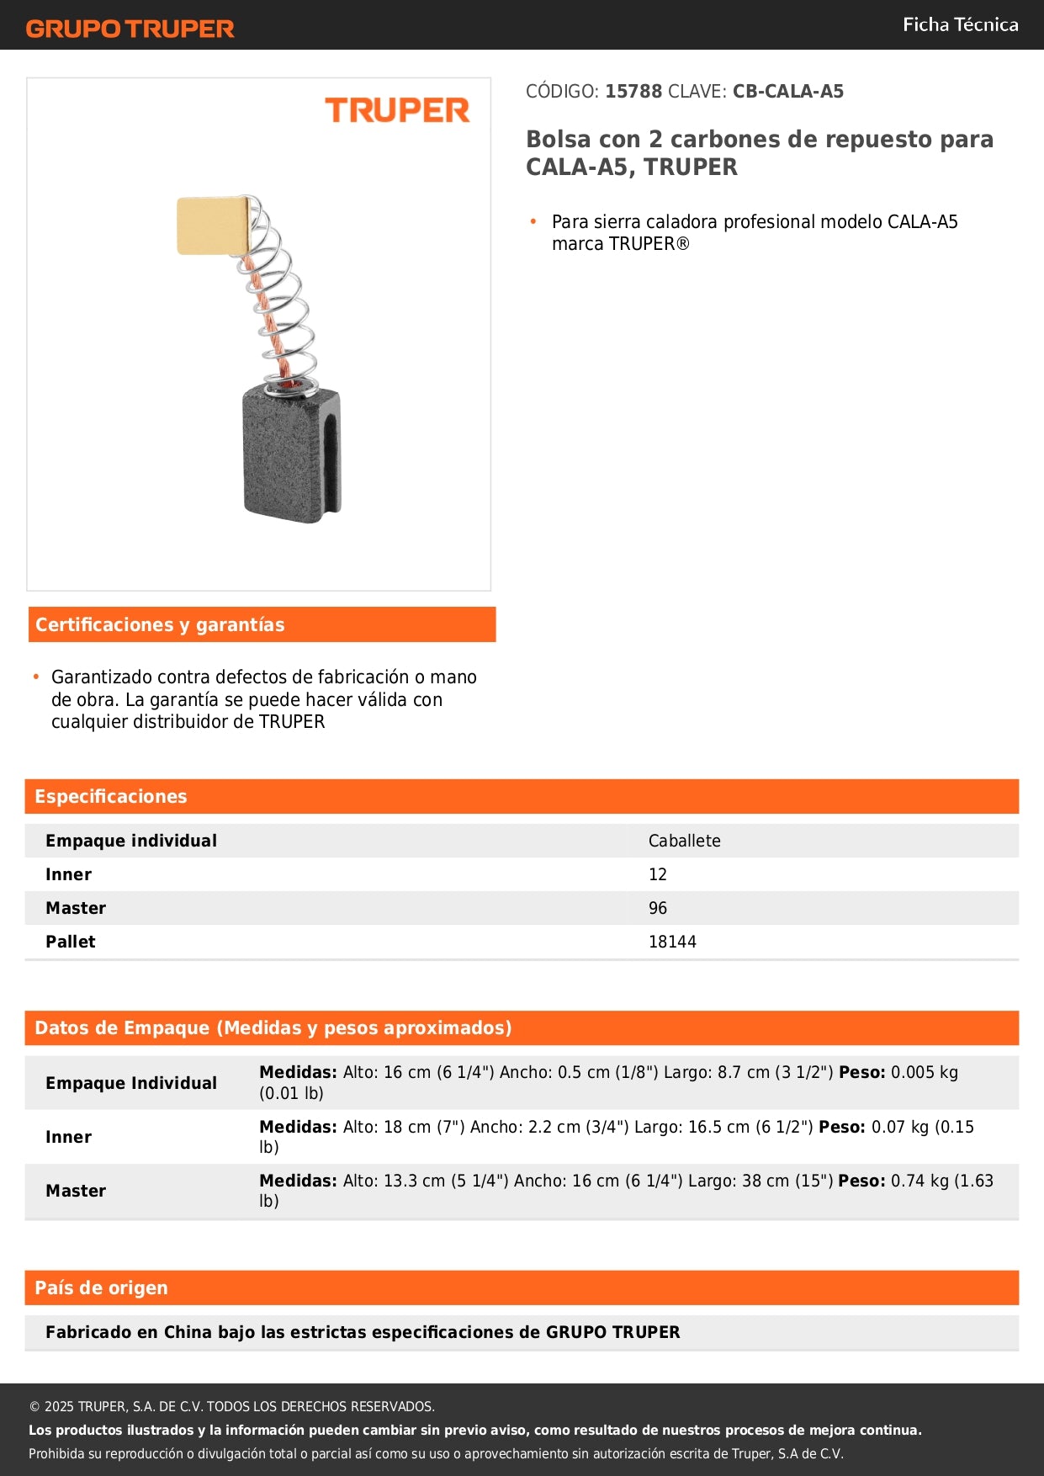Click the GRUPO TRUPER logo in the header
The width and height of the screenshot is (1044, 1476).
point(130,29)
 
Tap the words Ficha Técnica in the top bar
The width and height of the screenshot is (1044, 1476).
point(960,25)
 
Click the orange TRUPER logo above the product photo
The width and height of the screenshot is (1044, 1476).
point(397,110)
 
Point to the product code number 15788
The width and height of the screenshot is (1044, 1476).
point(633,92)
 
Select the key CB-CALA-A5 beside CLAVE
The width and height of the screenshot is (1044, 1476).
point(787,92)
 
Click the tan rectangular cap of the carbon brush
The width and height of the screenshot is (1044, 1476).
point(213,226)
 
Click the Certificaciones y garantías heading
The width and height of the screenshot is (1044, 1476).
point(160,624)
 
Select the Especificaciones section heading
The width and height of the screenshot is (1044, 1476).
point(111,796)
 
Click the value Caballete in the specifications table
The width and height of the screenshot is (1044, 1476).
point(684,841)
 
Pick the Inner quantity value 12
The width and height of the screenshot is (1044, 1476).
point(657,874)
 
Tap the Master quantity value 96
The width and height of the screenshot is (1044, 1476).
point(657,908)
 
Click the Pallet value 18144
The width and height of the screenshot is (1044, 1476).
point(672,942)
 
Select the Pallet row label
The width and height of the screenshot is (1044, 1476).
point(71,942)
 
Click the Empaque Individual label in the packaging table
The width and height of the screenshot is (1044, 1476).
point(131,1083)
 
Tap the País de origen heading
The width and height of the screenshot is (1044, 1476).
point(101,1288)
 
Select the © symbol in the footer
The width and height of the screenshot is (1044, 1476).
point(34,1407)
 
